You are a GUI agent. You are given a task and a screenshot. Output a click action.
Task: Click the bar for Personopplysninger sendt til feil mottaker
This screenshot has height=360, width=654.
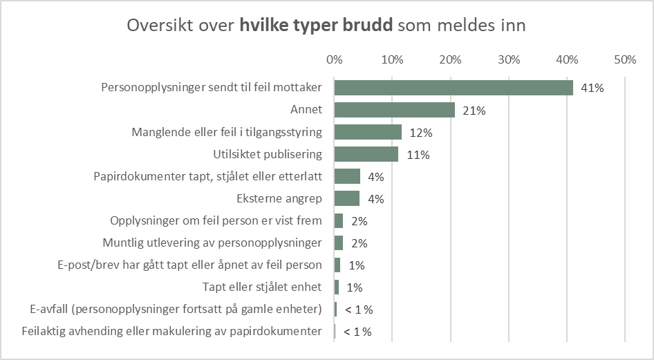pos(454,88)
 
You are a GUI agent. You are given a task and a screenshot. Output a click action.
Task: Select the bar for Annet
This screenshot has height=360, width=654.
pos(395,110)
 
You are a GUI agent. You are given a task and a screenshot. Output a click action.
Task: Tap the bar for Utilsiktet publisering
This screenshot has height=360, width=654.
pos(366,154)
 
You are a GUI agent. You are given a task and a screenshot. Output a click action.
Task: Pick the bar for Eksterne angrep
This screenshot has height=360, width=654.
pos(347,199)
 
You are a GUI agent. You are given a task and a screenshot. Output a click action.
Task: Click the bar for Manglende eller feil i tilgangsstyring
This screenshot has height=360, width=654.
pos(368,132)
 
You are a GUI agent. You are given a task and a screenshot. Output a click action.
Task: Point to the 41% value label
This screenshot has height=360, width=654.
pos(592,88)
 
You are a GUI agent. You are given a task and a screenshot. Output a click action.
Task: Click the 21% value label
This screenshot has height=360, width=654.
pos(475,111)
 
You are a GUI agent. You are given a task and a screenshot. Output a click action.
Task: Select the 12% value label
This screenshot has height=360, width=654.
pos(421,133)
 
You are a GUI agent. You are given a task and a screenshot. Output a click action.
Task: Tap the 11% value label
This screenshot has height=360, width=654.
pos(418,155)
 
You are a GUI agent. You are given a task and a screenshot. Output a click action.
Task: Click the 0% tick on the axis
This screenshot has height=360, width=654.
pos(335,60)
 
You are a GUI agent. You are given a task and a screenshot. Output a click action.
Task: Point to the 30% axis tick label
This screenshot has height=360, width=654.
pos(509,60)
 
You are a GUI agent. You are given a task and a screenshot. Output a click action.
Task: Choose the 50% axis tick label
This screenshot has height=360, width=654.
pos(625,60)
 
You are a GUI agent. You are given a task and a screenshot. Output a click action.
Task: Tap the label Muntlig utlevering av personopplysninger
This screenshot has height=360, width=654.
pos(212,243)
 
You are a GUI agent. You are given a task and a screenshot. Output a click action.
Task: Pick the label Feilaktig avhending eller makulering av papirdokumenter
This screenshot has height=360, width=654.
pos(172,332)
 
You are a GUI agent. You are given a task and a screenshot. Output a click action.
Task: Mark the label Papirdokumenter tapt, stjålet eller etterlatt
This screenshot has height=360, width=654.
pos(207,177)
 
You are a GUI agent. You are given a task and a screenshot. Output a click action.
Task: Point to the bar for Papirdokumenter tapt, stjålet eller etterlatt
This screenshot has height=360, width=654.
pos(347,176)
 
